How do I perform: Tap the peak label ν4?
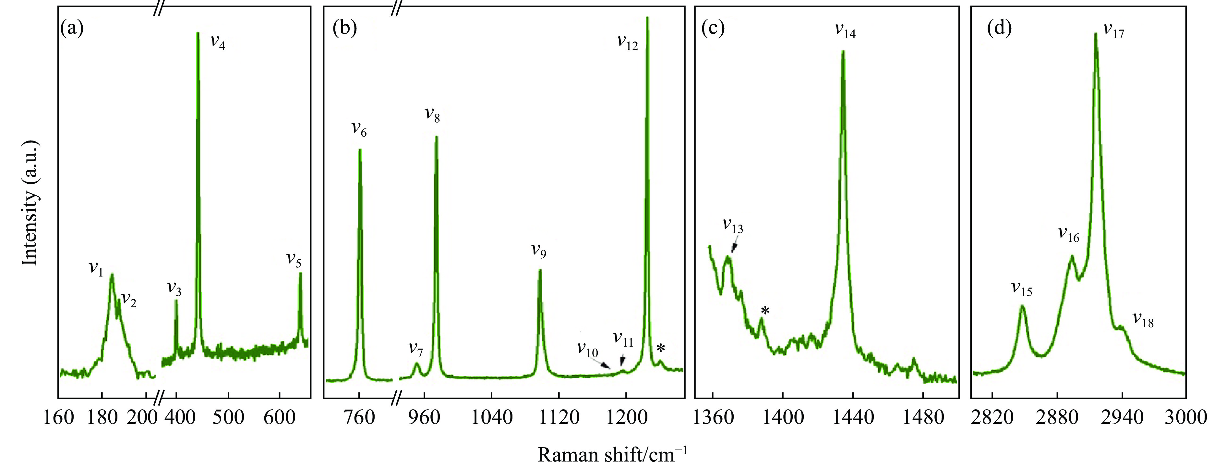coord(218,42)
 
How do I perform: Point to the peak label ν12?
coord(627,42)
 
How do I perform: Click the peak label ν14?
coord(845,31)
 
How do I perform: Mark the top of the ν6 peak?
coord(360,150)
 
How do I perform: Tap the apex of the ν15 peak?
coord(1021,306)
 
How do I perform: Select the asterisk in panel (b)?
coord(661,349)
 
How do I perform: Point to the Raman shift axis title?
coord(612,455)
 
